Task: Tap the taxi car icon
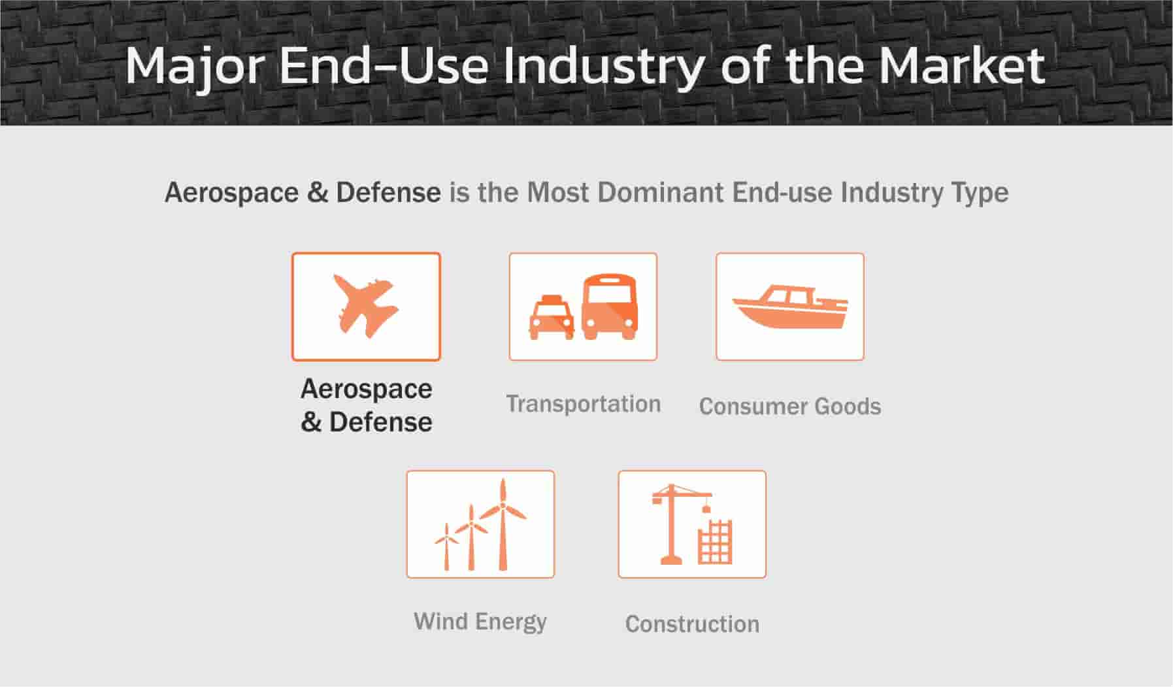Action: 552,318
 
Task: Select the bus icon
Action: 609,307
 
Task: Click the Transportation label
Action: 584,404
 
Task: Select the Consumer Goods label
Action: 790,407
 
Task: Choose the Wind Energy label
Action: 480,622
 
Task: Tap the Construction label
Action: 692,624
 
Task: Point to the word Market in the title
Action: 961,65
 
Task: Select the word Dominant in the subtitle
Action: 661,192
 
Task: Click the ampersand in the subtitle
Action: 318,192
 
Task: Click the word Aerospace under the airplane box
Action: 367,390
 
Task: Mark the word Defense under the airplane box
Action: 380,422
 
